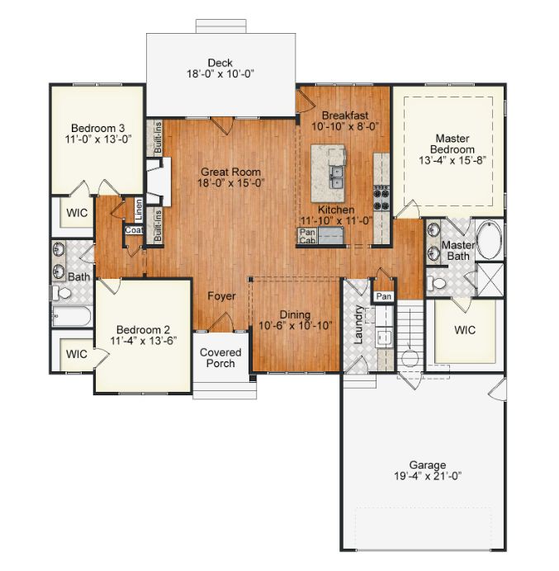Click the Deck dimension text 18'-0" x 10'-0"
click(219, 73)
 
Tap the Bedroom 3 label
click(97, 128)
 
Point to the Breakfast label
click(344, 115)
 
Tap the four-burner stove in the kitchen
click(382, 197)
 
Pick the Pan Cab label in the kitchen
click(306, 237)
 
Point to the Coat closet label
click(134, 231)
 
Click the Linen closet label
click(139, 210)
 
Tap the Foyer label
click(221, 296)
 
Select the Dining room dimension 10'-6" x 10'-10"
click(295, 325)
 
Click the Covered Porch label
click(220, 357)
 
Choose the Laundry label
click(359, 324)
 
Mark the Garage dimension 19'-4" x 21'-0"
click(427, 476)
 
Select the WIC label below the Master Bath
click(465, 329)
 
